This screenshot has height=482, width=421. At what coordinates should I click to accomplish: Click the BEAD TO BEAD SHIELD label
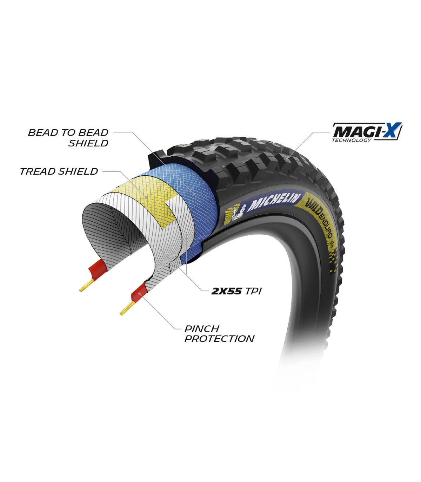(x=68, y=138)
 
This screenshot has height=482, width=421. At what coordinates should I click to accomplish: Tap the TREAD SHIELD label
(x=59, y=171)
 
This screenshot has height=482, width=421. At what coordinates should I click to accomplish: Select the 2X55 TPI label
(x=236, y=292)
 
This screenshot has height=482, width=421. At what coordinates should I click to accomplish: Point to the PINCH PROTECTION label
(x=219, y=334)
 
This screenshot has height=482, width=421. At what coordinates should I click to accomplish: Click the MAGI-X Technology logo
(x=367, y=132)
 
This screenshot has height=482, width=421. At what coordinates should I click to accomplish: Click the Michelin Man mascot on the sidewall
(x=239, y=212)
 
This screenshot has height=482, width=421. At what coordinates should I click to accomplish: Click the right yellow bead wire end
(x=127, y=308)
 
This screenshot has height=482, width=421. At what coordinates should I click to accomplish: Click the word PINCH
(x=202, y=329)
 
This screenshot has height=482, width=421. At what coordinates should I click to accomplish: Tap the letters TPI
(x=253, y=292)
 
